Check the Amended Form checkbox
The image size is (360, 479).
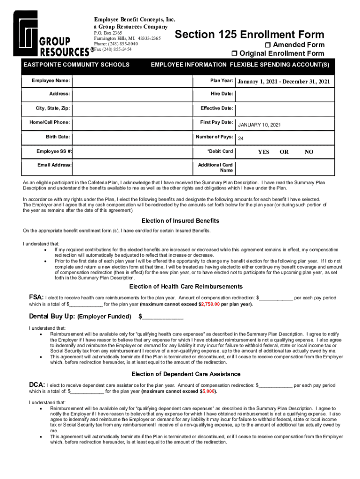pos(268,45)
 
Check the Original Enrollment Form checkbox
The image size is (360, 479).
pos(235,53)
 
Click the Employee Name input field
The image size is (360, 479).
pos(133,81)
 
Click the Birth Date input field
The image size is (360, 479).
pos(133,137)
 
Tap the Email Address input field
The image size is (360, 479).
pos(133,166)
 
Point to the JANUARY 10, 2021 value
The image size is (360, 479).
pos(259,125)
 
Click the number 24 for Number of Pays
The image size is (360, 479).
pos(241,139)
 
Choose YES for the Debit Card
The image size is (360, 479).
pos(264,152)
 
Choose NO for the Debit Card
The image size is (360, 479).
pos(309,152)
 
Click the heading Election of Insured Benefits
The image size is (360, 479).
pos(180,221)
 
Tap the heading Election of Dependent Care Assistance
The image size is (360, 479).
pos(186,374)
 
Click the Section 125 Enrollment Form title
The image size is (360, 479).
pos(249,35)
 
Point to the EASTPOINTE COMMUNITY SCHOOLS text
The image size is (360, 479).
pos(76,65)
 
